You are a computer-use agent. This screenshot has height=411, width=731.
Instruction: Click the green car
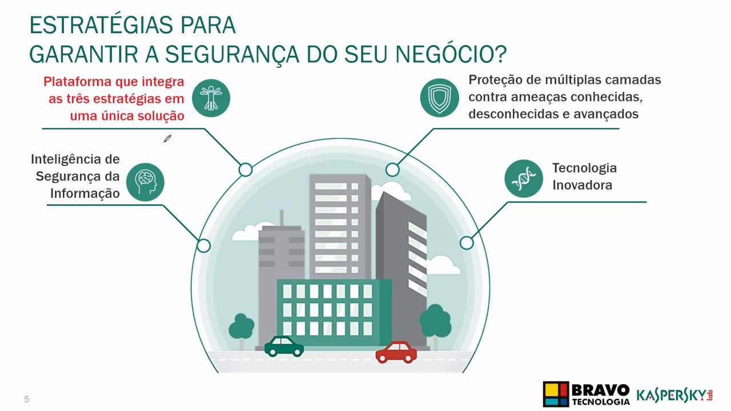(284, 346)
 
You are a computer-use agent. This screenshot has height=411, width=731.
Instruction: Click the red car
(396, 352)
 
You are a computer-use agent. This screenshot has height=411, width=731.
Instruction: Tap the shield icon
(439, 98)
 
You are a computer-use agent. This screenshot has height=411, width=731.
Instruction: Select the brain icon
(145, 182)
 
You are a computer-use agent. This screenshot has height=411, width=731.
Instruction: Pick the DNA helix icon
(523, 179)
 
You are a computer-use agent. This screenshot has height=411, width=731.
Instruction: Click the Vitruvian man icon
(211, 98)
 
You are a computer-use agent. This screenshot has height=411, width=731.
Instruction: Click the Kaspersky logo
(674, 394)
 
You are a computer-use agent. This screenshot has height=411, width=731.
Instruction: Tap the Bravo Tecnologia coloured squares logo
(556, 394)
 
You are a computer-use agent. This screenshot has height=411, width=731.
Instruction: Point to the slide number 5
(26, 400)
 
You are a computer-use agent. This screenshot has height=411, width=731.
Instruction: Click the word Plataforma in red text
(78, 82)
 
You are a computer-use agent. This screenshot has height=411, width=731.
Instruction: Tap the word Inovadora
(582, 185)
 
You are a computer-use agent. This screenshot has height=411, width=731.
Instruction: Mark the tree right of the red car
(435, 323)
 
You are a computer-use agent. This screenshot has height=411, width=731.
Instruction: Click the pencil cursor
(167, 139)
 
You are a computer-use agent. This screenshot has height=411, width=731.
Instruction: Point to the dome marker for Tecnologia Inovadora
(467, 243)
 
